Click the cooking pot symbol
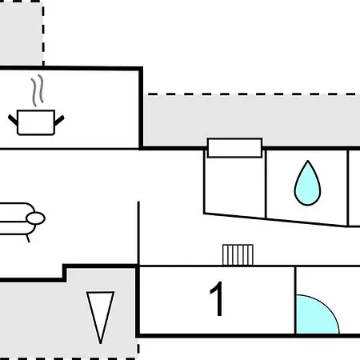[x=36, y=122]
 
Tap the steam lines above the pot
[x=37, y=90]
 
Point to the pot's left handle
[x=13, y=120]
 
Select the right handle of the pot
[x=59, y=120]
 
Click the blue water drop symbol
[x=307, y=184]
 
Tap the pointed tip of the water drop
[x=308, y=161]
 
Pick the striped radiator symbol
[x=238, y=255]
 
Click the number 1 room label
[x=218, y=298]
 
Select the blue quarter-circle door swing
[x=317, y=314]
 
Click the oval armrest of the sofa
[x=35, y=218]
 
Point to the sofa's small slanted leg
[x=28, y=238]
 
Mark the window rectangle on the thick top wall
[x=234, y=148]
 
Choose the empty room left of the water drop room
[x=235, y=186]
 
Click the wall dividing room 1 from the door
[x=295, y=300]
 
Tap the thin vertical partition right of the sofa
[x=138, y=234]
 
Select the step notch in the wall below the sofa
[x=65, y=273]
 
